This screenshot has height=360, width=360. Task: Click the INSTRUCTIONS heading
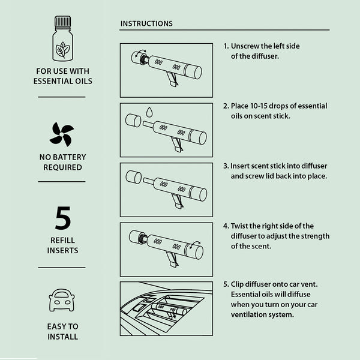[146, 23]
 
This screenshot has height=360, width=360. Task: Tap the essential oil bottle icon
[62, 38]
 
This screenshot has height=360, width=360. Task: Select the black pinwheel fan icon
[62, 134]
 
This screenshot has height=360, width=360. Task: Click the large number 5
[62, 218]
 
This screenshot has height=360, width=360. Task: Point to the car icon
[62, 300]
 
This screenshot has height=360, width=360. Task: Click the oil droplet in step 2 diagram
[149, 112]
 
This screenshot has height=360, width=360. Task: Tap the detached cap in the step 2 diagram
[133, 121]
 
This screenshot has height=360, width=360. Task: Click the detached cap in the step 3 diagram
[134, 177]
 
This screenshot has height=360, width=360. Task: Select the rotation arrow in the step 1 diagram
[140, 53]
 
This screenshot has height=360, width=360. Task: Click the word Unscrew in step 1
[245, 46]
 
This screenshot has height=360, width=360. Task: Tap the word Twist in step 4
[239, 226]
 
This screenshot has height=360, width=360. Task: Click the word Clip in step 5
[237, 284]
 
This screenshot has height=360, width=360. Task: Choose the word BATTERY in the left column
[68, 157]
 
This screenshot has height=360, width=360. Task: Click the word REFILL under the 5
[62, 240]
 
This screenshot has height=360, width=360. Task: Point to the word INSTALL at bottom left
[62, 337]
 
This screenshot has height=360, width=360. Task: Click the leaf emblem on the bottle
[62, 49]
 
